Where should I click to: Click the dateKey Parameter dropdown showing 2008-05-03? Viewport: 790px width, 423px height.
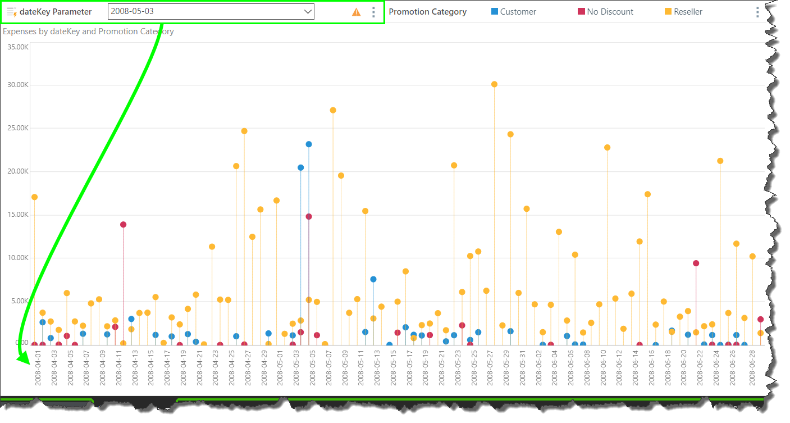point(211,12)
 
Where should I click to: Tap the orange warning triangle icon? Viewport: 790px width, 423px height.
point(357,12)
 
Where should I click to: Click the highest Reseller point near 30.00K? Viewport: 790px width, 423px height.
point(494,84)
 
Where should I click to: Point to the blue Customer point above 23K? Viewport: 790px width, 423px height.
point(309,144)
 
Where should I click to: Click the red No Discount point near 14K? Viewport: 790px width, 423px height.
point(123,225)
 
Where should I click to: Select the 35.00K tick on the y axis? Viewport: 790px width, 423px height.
point(17,47)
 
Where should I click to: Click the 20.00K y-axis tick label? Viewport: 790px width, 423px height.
point(17,171)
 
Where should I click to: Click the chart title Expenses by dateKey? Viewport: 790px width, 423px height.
point(88,31)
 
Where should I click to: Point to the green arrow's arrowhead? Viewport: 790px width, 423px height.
point(22,357)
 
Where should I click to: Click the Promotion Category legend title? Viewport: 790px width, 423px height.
point(427,12)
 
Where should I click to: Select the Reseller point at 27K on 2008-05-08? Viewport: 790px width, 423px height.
point(333,110)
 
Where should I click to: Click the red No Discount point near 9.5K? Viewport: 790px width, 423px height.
point(696,263)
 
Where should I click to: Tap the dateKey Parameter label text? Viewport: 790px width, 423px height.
point(56,12)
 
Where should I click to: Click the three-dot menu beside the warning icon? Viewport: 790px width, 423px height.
point(374,12)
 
